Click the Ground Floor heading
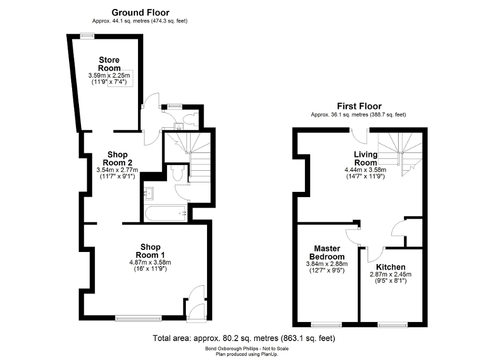[x=141, y=13]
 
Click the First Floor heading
[x=361, y=106]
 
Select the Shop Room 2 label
[x=117, y=158]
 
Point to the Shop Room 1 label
[x=150, y=251]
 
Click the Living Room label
[x=365, y=158]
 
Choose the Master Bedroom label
[x=328, y=252]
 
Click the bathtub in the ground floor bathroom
[x=166, y=213]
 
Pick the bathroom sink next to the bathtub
[x=149, y=194]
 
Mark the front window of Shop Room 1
[x=139, y=317]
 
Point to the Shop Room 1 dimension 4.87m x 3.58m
[x=150, y=262]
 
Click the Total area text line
[x=244, y=338]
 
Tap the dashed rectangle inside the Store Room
[x=121, y=79]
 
